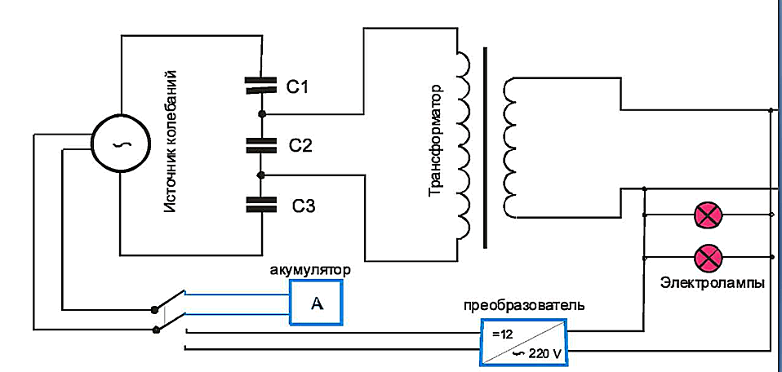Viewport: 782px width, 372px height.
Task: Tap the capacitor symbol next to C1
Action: pos(262,84)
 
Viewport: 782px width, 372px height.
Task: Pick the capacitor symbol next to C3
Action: pos(262,204)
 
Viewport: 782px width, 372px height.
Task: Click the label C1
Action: pos(299,84)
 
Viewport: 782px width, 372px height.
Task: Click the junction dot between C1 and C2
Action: pos(262,113)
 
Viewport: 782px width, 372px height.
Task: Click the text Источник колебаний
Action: pos(171,143)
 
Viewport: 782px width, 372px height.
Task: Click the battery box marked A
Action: pos(318,304)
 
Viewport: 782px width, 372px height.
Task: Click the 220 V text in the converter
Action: pos(543,354)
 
